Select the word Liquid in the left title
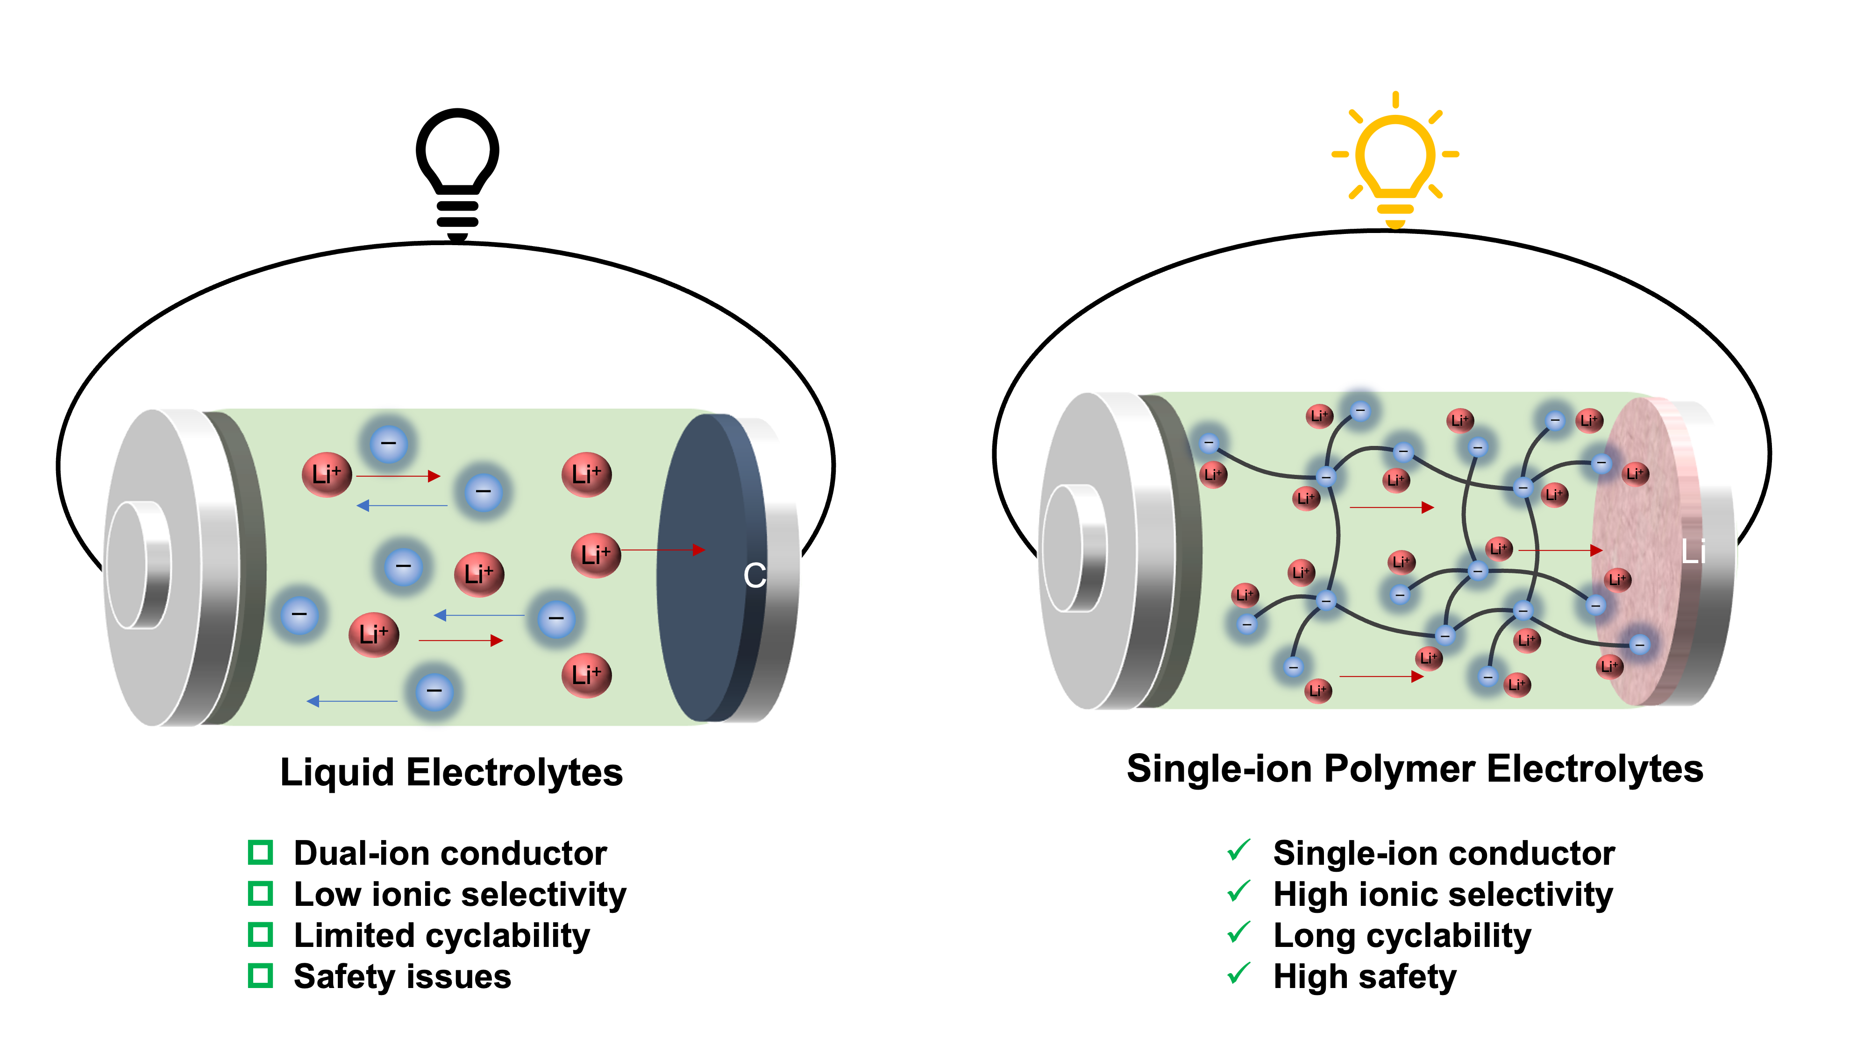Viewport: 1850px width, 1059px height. point(338,772)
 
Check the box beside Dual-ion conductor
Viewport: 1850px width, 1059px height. point(260,853)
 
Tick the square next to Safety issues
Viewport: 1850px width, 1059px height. point(260,976)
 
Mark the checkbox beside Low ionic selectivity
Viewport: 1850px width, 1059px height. point(260,893)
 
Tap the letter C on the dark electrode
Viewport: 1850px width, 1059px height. point(754,575)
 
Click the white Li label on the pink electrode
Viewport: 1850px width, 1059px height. point(1693,551)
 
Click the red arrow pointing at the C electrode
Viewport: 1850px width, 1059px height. point(663,550)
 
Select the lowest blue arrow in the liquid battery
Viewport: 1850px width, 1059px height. point(352,701)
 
